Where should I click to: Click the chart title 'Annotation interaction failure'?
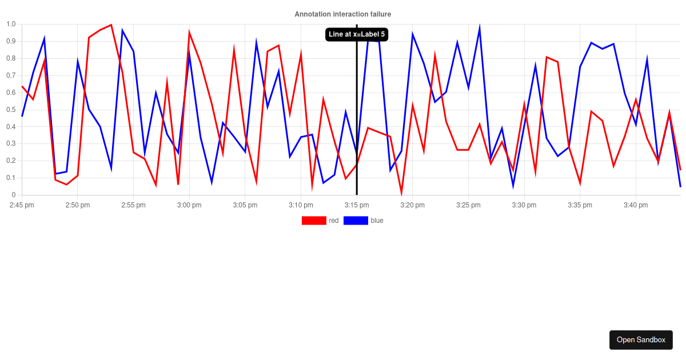342,14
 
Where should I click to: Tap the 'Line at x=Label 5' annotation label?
357,34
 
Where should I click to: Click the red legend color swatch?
314,221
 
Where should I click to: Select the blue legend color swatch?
356,221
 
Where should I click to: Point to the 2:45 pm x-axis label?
22,205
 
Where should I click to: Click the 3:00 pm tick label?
189,205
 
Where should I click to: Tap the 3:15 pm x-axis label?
357,205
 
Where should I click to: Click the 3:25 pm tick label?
468,205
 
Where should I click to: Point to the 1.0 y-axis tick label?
11,24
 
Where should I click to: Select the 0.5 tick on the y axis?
11,110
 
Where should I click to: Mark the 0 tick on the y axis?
14,195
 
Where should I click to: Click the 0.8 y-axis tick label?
11,58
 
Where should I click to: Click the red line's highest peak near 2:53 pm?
111,25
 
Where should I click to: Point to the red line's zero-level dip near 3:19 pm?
401,193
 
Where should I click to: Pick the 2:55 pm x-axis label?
133,205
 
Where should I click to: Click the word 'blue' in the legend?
377,221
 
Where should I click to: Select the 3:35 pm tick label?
580,205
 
